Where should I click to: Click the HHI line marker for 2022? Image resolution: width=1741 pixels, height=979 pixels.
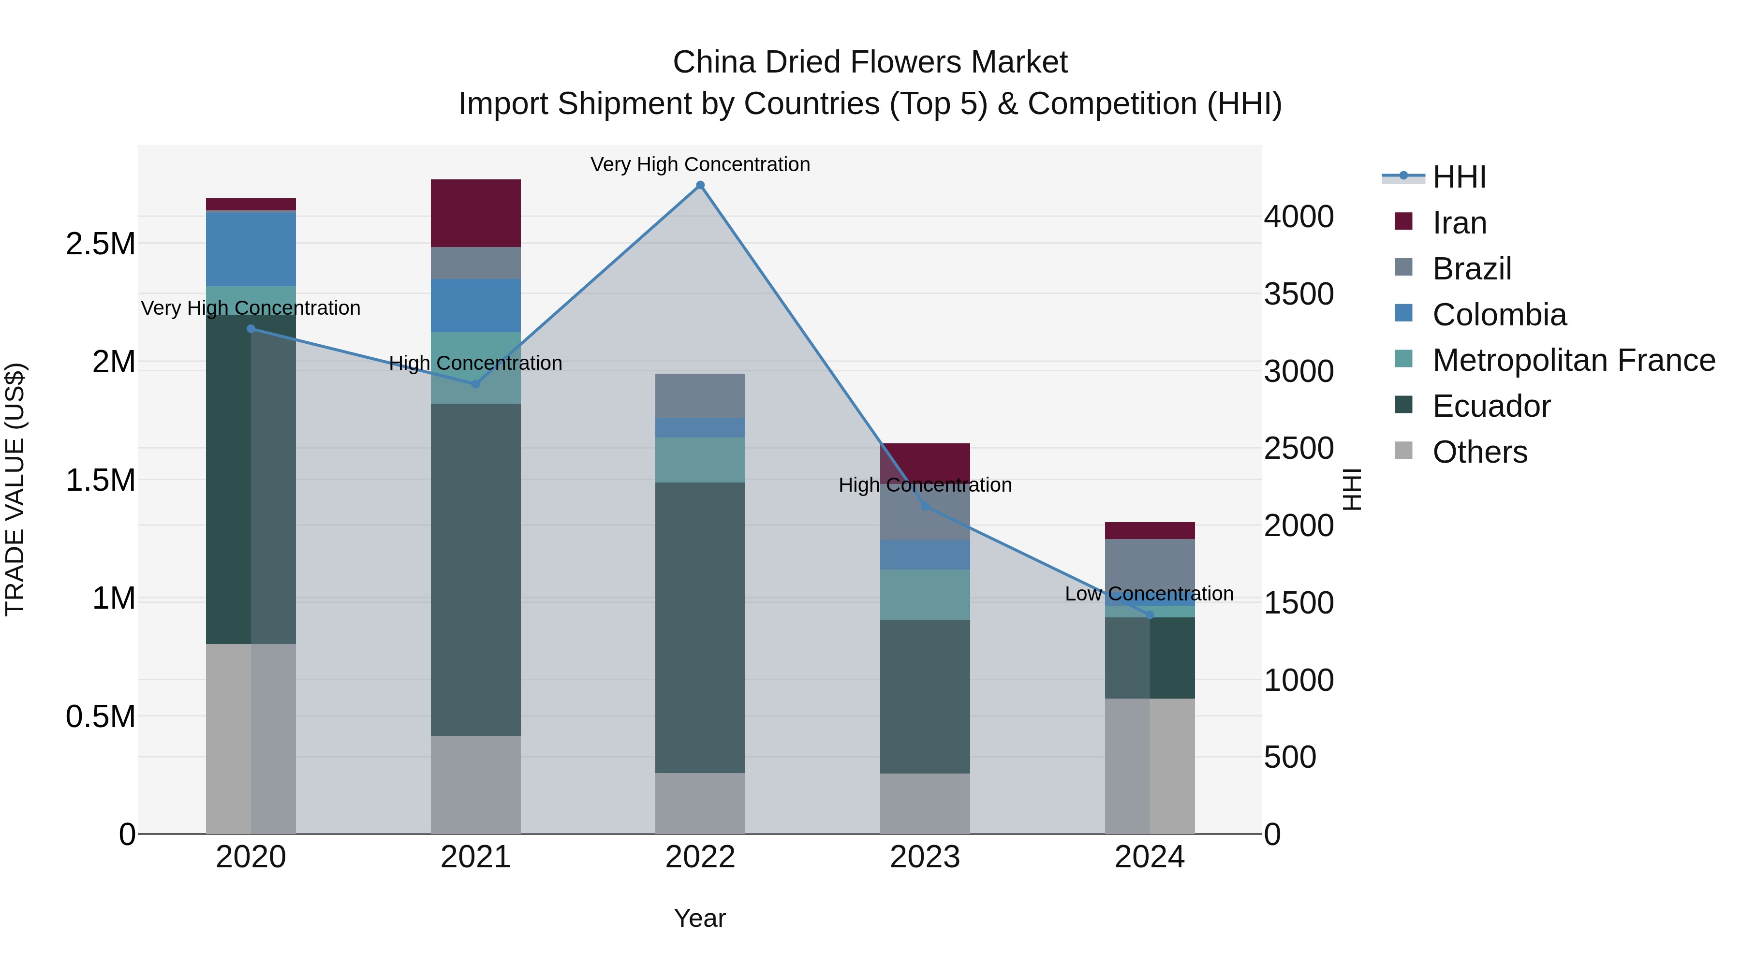click(x=700, y=185)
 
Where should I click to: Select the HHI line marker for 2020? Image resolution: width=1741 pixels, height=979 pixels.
click(x=251, y=329)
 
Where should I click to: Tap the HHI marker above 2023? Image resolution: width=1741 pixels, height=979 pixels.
click(x=925, y=506)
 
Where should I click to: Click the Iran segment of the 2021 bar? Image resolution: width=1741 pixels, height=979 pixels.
click(x=476, y=213)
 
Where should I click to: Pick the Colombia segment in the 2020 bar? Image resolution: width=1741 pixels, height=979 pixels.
click(x=251, y=248)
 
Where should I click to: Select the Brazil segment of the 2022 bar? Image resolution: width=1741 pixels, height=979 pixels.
click(x=700, y=396)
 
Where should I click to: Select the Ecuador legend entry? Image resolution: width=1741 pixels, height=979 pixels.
click(x=1491, y=406)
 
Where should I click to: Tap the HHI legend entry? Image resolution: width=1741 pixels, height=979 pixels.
click(x=1459, y=177)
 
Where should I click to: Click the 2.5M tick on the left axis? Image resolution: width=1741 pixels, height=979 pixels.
click(x=101, y=244)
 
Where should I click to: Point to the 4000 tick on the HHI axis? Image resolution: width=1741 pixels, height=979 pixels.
click(x=1299, y=217)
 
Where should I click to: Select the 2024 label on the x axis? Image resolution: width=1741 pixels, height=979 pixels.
click(x=1149, y=857)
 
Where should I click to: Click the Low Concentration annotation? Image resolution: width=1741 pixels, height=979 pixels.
click(x=1149, y=594)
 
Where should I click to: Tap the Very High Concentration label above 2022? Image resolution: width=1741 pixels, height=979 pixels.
click(x=700, y=164)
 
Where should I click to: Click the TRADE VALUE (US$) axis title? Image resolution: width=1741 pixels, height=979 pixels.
click(x=15, y=489)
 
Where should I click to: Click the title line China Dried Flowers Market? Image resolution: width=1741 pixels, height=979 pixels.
click(x=870, y=62)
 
